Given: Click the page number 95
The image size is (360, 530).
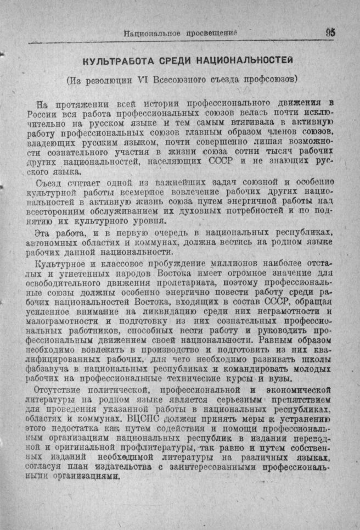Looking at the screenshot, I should [330, 32].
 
